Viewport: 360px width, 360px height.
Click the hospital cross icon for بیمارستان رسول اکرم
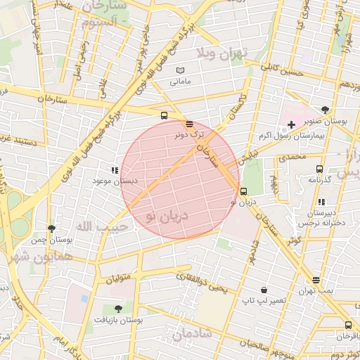click(x=291, y=124)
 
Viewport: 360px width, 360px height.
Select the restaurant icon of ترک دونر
click(x=190, y=124)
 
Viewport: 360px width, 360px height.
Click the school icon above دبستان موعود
click(x=115, y=170)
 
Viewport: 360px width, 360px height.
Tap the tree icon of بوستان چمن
click(x=51, y=229)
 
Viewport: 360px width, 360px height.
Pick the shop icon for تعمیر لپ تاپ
click(x=264, y=290)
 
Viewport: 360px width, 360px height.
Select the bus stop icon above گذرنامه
click(x=319, y=169)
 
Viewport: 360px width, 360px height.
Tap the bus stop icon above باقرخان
click(x=348, y=325)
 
